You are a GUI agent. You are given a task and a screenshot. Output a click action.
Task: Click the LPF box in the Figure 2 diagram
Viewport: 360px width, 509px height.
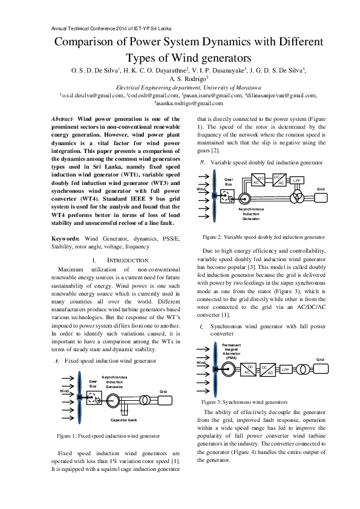297,180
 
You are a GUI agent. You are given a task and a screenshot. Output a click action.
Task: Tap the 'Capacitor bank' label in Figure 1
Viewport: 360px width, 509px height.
125,420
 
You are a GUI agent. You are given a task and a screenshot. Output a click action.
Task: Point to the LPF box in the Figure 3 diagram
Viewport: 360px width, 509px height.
286,369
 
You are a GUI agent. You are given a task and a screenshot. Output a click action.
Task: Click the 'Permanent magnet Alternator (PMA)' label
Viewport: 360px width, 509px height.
231,351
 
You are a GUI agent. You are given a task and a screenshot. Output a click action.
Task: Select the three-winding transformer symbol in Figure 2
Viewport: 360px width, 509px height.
296,196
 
